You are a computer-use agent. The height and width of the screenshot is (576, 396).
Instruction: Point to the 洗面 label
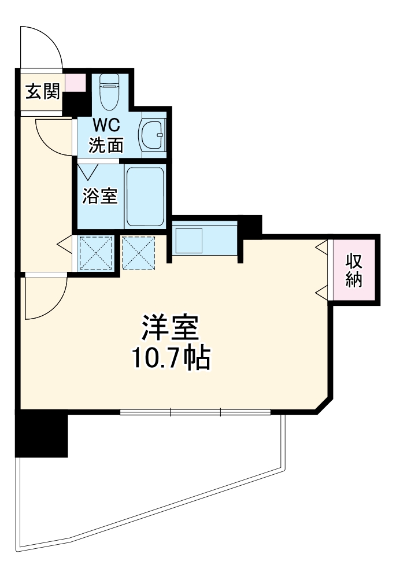[106, 144]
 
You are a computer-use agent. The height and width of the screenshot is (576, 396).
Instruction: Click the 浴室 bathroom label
[99, 196]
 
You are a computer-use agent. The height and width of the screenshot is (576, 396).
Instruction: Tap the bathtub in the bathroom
[145, 197]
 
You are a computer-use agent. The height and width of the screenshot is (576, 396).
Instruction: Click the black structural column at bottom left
[42, 433]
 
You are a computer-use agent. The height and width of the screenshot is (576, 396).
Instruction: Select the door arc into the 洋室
[46, 298]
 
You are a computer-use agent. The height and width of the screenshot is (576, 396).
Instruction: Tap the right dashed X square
[139, 252]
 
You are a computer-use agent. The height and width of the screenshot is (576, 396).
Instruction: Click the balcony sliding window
[195, 412]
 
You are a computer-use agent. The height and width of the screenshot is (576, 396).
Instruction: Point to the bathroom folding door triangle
[88, 172]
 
